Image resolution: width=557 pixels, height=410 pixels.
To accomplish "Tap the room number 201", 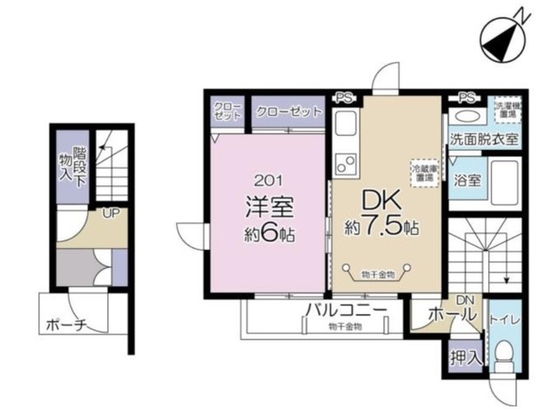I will [x=268, y=180].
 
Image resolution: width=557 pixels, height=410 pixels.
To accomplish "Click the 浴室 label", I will [x=470, y=184].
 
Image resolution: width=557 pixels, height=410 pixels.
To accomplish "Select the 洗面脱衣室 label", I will [x=484, y=138].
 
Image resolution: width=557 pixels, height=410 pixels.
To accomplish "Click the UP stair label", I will [x=112, y=212].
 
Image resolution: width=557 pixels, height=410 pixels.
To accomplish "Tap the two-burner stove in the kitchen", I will [x=345, y=162].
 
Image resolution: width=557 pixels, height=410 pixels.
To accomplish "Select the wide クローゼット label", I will [x=288, y=112].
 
